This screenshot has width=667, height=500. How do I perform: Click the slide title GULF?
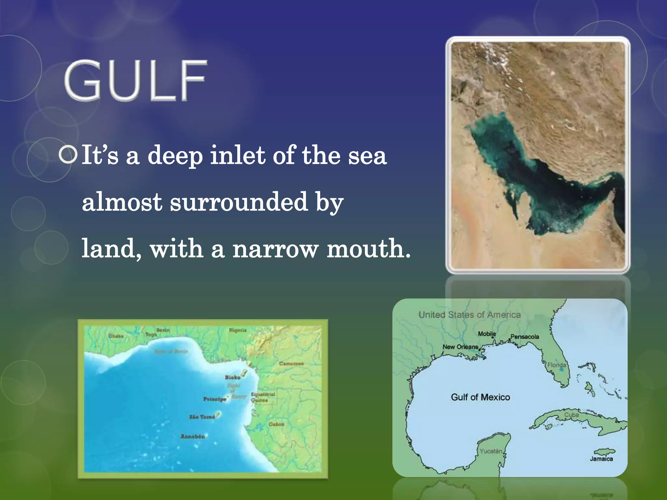(135, 80)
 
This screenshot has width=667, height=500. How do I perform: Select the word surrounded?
(239, 202)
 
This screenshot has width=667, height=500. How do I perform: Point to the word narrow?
(275, 249)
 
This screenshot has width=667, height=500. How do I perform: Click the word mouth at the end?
(368, 249)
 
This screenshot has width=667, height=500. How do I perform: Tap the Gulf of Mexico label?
(480, 397)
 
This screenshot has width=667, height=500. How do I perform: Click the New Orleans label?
(460, 347)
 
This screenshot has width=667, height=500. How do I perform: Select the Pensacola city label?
(525, 337)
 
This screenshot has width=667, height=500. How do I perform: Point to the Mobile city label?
(487, 334)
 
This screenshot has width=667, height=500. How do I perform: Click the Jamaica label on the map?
(601, 459)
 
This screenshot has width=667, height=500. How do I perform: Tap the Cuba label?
(572, 415)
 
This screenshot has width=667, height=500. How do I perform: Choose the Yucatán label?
(491, 451)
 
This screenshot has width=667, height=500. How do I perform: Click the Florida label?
(557, 365)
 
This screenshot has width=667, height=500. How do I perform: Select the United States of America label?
(470, 315)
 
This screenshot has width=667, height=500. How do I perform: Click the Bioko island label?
(233, 377)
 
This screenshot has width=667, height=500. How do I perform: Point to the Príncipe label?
(215, 399)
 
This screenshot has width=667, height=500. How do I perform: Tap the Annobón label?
(193, 436)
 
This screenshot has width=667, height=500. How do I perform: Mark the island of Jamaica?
(604, 452)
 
